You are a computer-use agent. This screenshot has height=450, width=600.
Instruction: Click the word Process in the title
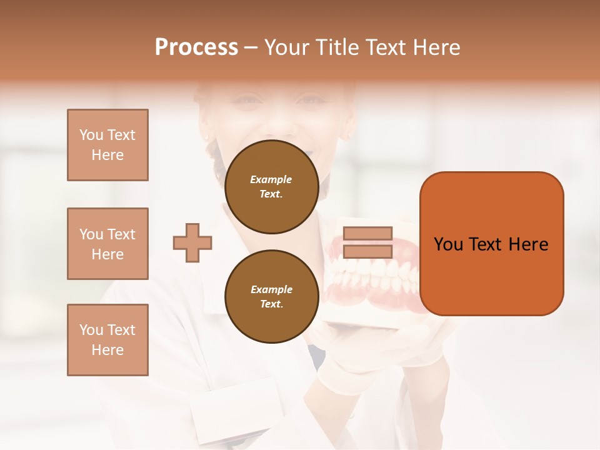[x=196, y=47]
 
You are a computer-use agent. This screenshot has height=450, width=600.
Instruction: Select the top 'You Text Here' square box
[x=107, y=145]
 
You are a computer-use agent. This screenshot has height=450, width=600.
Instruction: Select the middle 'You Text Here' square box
[x=107, y=244]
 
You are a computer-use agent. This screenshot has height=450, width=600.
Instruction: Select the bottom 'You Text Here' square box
[x=107, y=340]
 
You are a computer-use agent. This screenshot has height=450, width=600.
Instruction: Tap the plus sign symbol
[x=192, y=242]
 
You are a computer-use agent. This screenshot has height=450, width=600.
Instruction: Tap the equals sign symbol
[x=367, y=242]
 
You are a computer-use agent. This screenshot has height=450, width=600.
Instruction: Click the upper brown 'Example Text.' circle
[x=271, y=187]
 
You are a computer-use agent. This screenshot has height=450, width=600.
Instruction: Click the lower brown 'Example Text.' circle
[x=271, y=297]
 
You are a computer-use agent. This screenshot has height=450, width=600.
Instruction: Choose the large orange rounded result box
[x=491, y=244]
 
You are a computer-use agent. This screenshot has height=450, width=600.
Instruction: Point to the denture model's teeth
[x=375, y=275]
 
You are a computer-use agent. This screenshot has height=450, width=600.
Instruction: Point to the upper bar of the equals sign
[x=367, y=234]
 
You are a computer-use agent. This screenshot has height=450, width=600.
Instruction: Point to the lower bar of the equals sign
[x=367, y=251]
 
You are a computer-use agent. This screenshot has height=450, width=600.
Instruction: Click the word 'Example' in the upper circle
[x=271, y=179]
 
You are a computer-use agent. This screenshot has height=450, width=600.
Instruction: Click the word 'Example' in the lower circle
[x=271, y=289]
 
